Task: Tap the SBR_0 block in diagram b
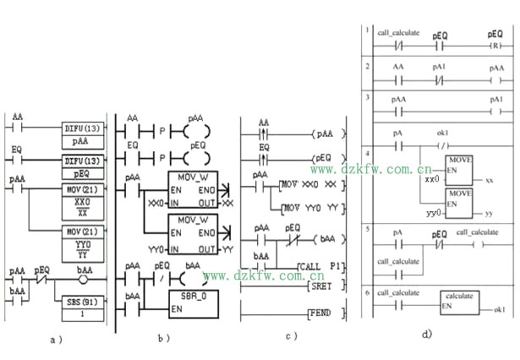[192, 302]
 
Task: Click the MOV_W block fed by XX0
[193, 189]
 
